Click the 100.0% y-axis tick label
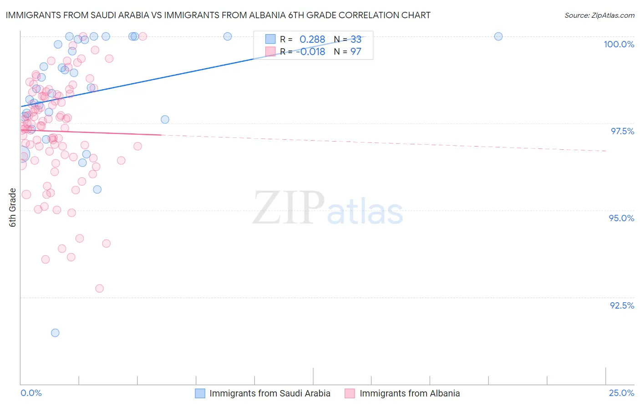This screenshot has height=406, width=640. coord(619,44)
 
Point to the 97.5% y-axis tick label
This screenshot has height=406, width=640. coord(622,131)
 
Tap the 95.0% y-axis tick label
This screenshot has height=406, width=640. coord(621,218)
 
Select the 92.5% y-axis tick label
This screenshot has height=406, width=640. coord(622,305)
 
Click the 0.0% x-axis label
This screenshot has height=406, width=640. coord(31,393)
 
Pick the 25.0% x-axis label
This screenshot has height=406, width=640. coord(621,393)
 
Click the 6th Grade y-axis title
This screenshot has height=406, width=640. coord(13,207)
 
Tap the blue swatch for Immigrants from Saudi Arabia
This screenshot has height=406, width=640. coord(200,393)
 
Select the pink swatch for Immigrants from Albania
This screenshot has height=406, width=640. coord(350,393)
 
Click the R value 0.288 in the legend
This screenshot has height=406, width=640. coord(312,40)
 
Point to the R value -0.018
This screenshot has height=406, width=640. coord(310,51)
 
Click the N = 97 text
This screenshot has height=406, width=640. coord(347,51)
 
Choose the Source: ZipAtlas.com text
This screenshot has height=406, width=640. coord(599,15)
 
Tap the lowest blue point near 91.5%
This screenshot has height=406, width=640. coord(55,333)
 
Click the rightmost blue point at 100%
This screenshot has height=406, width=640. coord(498,36)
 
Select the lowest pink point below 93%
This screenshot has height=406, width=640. coord(99,288)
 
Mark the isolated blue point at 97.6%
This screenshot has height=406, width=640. coord(165,119)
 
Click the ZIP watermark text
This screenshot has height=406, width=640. coord(289,208)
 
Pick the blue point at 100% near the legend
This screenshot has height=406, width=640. coord(228,36)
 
